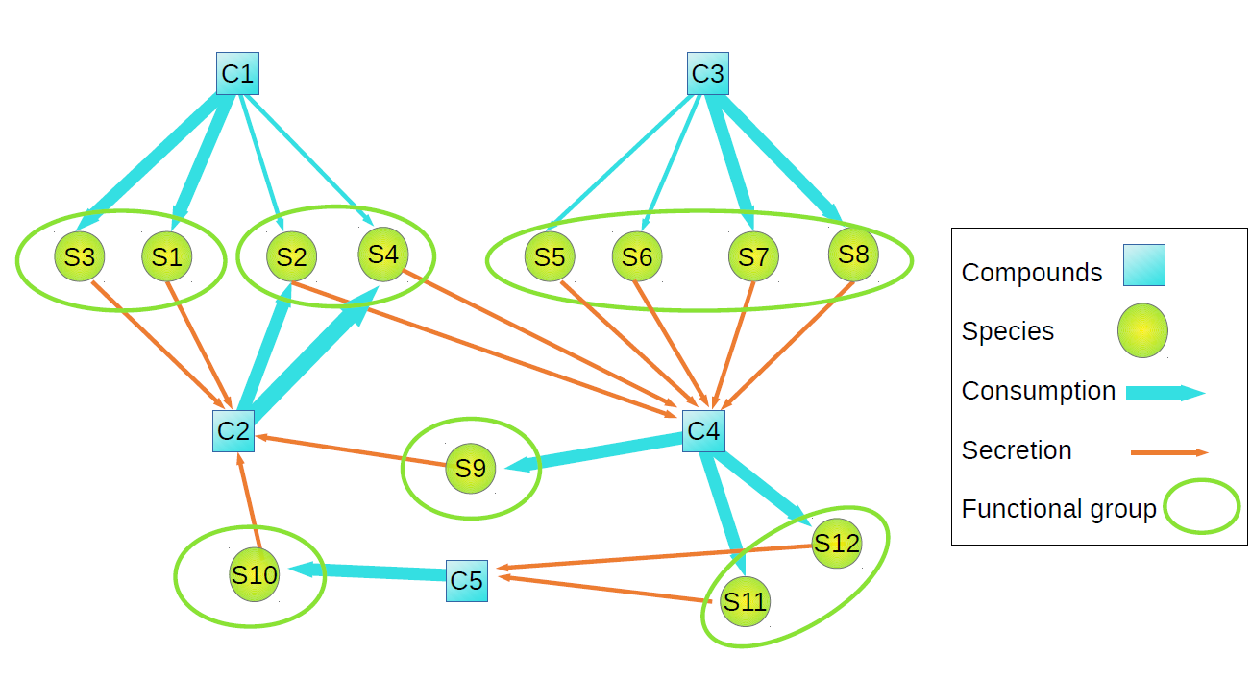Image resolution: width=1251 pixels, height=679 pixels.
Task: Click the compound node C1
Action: coord(237,74)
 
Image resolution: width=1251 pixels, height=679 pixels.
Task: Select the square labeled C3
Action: coord(708,74)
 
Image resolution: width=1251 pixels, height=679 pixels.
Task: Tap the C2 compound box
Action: coord(233,430)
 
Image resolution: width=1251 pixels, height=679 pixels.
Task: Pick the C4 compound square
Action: coord(703,430)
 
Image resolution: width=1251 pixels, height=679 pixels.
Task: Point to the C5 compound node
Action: coord(467,580)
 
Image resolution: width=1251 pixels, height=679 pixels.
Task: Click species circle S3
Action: coord(80,257)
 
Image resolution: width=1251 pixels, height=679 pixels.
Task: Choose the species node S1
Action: coord(167,256)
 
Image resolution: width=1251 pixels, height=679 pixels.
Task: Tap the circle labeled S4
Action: coord(383,254)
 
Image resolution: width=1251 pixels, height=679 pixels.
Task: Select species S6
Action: coord(637,256)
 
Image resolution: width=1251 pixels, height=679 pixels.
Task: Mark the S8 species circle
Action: coord(853,255)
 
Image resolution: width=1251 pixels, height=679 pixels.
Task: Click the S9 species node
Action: coord(471,469)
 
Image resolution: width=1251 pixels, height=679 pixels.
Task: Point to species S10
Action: coord(255,574)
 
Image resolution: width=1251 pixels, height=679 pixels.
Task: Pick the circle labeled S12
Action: coord(837,544)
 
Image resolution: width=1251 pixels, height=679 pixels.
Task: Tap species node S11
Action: coord(746,602)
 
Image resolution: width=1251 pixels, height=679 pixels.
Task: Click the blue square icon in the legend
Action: coord(1144,265)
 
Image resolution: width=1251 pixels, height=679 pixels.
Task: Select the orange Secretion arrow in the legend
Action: coord(1168,451)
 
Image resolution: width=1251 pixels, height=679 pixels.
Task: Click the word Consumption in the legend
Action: coord(1038,391)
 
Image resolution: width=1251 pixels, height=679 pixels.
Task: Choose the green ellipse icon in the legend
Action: coord(1201,506)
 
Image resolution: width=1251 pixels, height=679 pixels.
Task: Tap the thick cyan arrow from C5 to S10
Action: coord(375,572)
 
